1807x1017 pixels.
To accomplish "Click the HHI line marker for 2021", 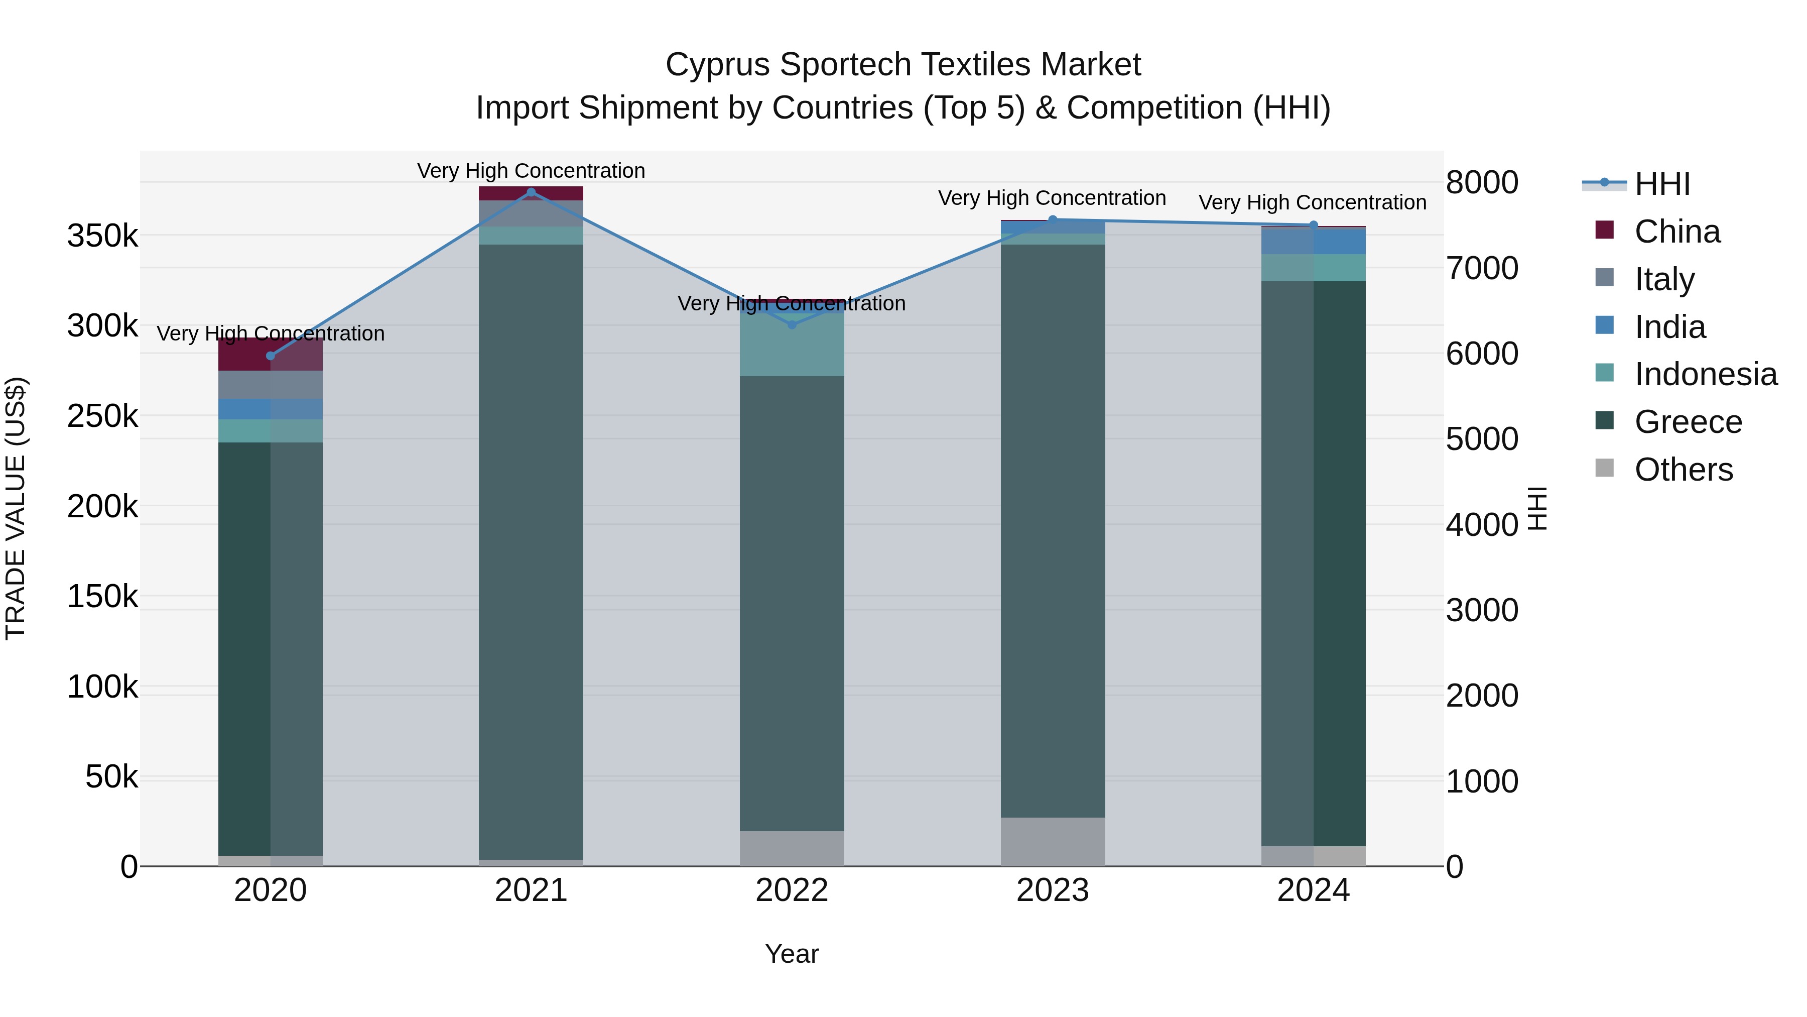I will [531, 192].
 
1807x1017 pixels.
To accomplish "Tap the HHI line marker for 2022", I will [792, 324].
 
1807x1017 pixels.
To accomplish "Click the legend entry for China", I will [1676, 232].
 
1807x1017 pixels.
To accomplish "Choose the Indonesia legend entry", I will [1705, 374].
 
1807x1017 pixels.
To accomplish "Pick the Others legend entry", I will [1683, 470].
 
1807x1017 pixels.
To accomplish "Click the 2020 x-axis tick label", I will [270, 890].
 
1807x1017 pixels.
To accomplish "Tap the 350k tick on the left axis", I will [102, 237].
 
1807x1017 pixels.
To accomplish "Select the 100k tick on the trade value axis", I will [102, 687].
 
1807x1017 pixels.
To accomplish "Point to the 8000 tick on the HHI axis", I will [1482, 182].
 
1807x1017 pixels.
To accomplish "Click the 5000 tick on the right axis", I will [1482, 439].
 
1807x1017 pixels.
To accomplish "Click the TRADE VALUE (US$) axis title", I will [16, 508].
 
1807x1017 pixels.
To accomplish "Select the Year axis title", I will [792, 954].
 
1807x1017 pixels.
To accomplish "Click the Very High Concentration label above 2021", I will [531, 171].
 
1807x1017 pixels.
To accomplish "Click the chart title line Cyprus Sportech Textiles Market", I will [903, 65].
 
